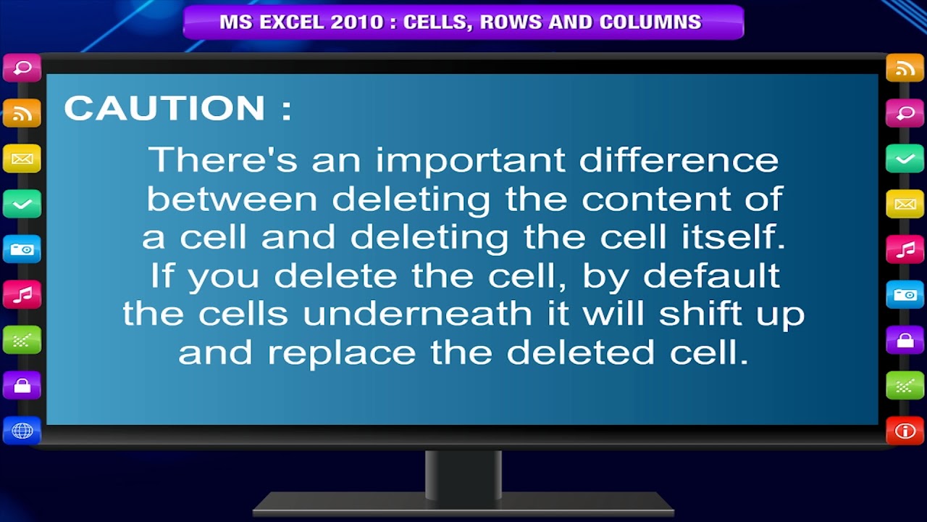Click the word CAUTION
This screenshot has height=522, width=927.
[x=164, y=109]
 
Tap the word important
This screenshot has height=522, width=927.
[x=469, y=159]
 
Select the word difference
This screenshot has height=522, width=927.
[x=679, y=159]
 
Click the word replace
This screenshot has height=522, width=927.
[x=341, y=353]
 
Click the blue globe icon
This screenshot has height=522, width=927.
[x=22, y=431]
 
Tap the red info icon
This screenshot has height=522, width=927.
[x=905, y=431]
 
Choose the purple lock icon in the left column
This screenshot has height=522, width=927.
[x=22, y=385]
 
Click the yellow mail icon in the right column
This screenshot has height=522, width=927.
[x=905, y=204]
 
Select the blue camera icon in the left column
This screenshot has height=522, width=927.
[x=22, y=249]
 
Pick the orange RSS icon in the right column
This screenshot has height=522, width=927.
[x=905, y=69]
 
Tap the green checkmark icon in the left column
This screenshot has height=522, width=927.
[x=22, y=204]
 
